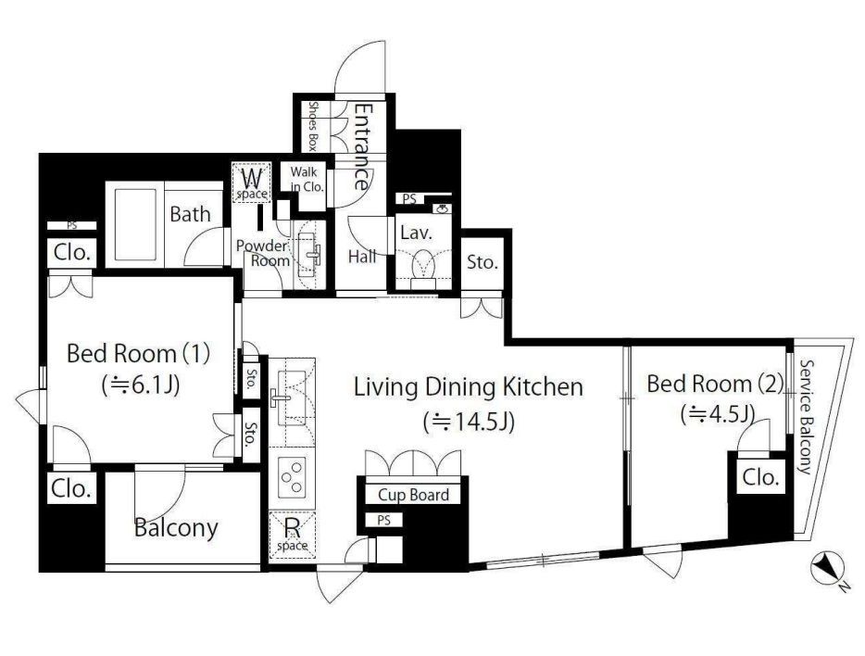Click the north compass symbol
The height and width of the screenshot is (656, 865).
tap(827, 568)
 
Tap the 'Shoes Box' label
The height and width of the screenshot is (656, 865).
tap(314, 126)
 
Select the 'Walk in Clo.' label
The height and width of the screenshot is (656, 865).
tap(307, 180)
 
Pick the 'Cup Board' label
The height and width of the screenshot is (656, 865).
tap(413, 495)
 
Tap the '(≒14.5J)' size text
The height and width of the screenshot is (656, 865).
tap(469, 423)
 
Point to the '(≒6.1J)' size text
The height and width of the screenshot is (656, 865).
tap(140, 385)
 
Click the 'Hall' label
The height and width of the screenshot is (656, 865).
tap(362, 256)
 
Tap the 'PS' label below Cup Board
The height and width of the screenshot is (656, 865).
tap(384, 520)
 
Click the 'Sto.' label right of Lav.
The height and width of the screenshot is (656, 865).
tap(483, 262)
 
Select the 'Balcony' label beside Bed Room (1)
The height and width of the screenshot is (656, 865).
tap(176, 527)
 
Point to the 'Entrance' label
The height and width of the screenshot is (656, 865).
tap(362, 147)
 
